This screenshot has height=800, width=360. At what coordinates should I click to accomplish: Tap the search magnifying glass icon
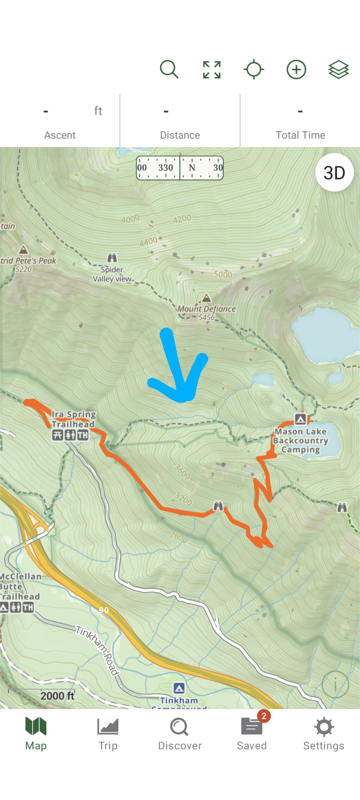169,69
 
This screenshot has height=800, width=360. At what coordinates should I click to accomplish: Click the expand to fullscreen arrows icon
212,70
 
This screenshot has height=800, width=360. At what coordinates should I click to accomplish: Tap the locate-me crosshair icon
254,70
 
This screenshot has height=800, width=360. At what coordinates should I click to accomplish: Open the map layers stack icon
338,70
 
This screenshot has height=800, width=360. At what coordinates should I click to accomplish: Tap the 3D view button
334,173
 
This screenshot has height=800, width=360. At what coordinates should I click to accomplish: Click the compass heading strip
180,168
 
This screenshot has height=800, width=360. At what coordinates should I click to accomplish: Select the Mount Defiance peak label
207,309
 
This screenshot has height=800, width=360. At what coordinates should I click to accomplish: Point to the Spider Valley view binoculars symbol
112,258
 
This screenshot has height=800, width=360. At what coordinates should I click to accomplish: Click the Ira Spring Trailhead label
73,419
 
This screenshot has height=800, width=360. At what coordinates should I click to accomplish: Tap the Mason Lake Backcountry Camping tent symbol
300,419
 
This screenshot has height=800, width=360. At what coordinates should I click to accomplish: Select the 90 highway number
104,610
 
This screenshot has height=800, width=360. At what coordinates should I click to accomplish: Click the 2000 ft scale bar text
57,696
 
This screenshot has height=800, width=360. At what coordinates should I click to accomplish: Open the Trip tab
108,734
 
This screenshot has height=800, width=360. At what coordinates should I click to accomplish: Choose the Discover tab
180,734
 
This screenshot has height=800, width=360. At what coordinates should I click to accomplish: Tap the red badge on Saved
264,716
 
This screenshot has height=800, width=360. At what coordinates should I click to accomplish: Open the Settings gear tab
324,734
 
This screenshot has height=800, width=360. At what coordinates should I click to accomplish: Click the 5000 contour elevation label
223,274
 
